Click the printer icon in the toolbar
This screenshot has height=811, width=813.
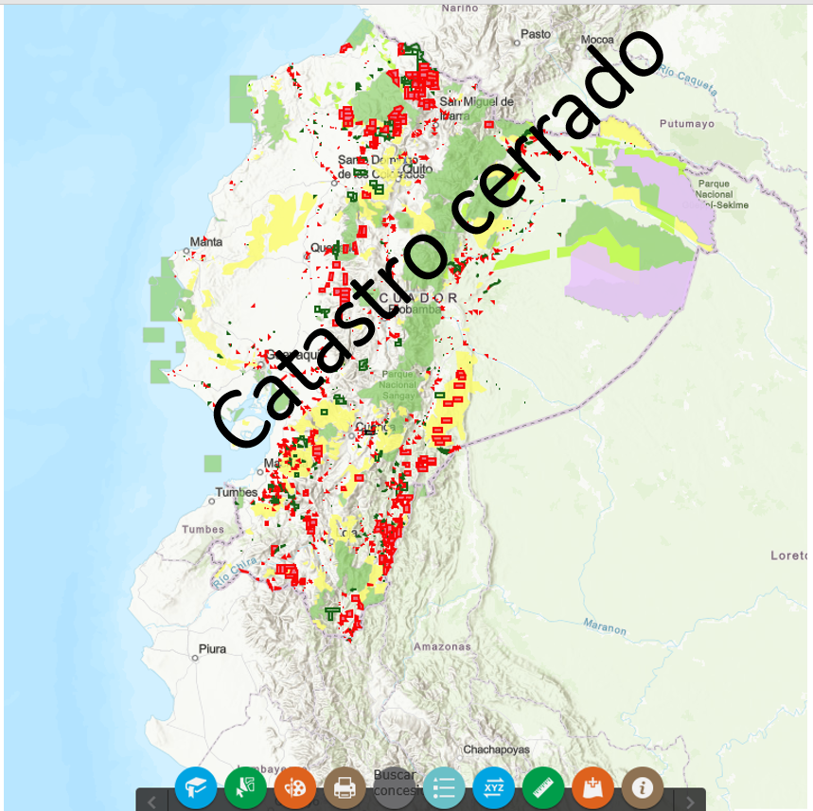click(345, 787)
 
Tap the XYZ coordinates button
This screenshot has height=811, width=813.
click(493, 787)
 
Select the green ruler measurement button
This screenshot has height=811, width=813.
click(542, 787)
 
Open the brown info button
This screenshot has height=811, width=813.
click(643, 787)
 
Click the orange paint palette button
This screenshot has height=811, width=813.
click(295, 787)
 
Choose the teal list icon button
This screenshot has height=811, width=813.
click(444, 787)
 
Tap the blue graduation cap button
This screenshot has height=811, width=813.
click(196, 787)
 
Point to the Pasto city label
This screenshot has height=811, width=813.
click(536, 34)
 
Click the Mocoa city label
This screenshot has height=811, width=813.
click(598, 40)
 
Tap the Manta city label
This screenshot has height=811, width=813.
click(205, 242)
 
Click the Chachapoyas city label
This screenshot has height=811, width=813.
click(496, 749)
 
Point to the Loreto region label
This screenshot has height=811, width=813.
click(789, 555)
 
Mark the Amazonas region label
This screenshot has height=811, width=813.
click(441, 647)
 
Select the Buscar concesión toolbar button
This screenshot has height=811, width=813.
click(395, 783)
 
